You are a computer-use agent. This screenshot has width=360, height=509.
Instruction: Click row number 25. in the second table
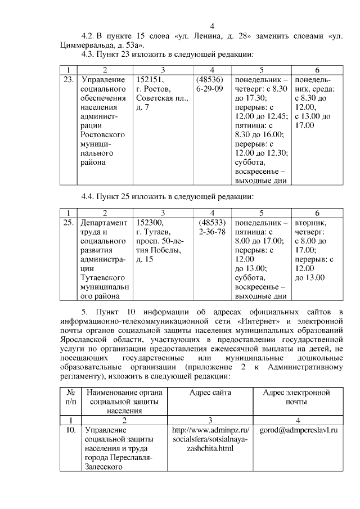click(69, 223)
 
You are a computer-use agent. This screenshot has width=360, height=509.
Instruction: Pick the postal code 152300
click(150, 223)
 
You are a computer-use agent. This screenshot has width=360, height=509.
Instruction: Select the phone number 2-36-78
click(211, 232)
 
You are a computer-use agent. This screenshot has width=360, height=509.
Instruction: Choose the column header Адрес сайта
click(210, 393)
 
